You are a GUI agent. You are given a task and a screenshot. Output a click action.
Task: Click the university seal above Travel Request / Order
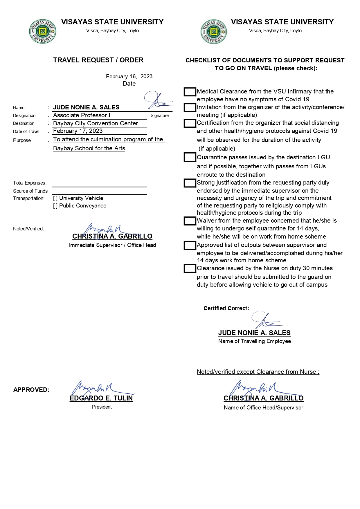click(42, 32)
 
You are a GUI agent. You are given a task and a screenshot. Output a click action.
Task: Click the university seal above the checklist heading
click(214, 32)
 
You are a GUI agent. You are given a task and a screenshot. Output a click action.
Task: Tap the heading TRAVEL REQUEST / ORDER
click(98, 60)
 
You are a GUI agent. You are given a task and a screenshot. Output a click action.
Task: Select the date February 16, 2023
click(129, 76)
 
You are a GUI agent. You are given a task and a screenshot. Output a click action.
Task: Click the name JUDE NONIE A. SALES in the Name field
click(86, 107)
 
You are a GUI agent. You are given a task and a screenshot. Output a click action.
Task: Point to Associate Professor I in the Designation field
click(82, 115)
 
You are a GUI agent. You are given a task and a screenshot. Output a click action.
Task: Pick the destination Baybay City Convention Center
click(96, 123)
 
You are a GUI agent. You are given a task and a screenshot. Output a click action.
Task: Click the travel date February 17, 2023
click(78, 131)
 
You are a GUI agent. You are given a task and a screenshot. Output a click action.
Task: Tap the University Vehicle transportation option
click(55, 198)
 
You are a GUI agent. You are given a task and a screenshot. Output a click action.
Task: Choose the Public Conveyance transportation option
click(55, 206)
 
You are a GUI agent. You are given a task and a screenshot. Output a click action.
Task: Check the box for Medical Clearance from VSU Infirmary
click(190, 92)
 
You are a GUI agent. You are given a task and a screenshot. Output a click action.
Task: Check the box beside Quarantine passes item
click(190, 158)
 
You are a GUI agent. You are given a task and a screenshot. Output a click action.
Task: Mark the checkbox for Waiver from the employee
click(190, 221)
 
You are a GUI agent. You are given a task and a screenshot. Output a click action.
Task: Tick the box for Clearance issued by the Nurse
click(190, 268)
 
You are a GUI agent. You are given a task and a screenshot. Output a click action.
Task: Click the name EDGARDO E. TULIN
click(101, 398)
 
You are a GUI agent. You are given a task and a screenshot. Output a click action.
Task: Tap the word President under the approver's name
click(102, 407)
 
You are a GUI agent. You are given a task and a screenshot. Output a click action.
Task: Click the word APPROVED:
click(31, 390)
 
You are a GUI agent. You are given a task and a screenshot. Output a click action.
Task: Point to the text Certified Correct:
click(226, 308)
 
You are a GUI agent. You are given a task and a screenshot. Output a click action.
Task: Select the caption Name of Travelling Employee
click(254, 341)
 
